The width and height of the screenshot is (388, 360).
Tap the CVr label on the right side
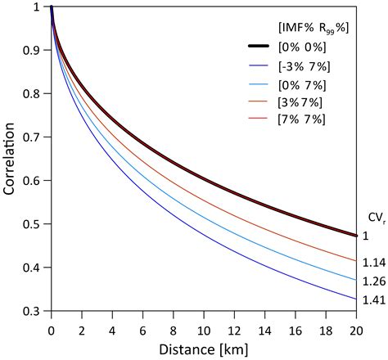point(373,217)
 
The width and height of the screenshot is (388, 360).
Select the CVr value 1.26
point(373,282)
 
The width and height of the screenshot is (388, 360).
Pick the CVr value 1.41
point(373,300)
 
